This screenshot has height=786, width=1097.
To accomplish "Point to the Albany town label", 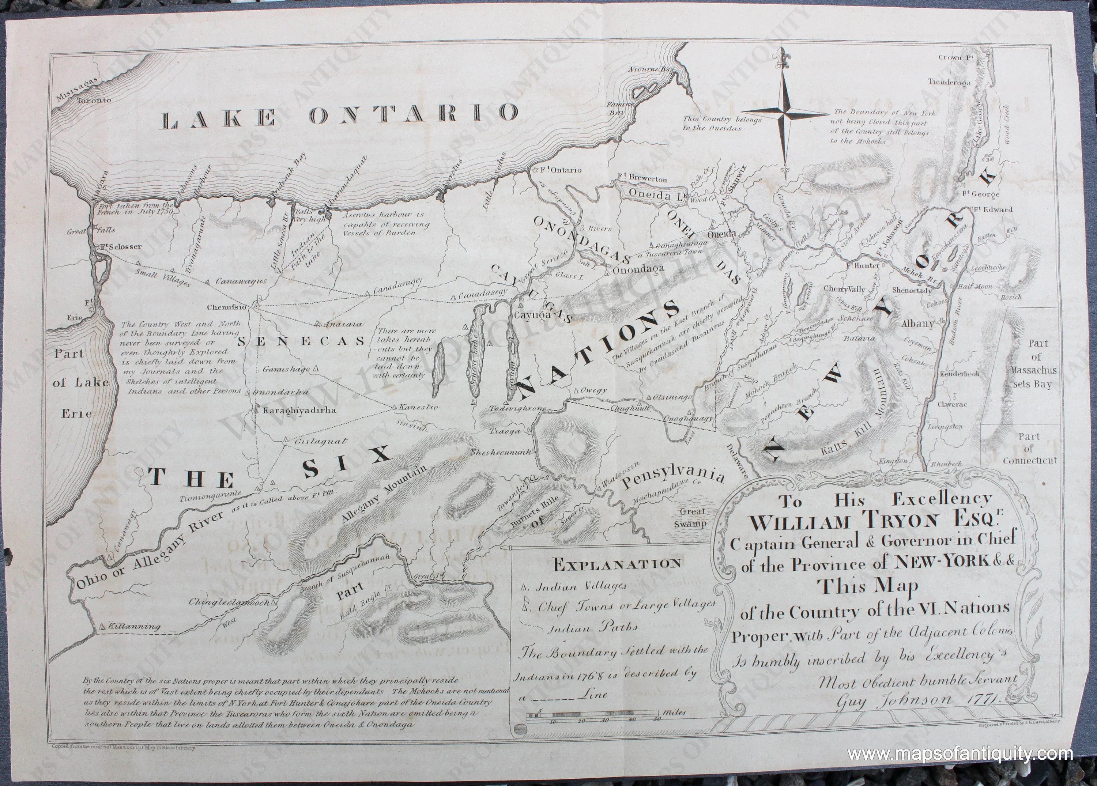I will [x=917, y=324].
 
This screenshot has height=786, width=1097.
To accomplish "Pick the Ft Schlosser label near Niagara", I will [x=121, y=247].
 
